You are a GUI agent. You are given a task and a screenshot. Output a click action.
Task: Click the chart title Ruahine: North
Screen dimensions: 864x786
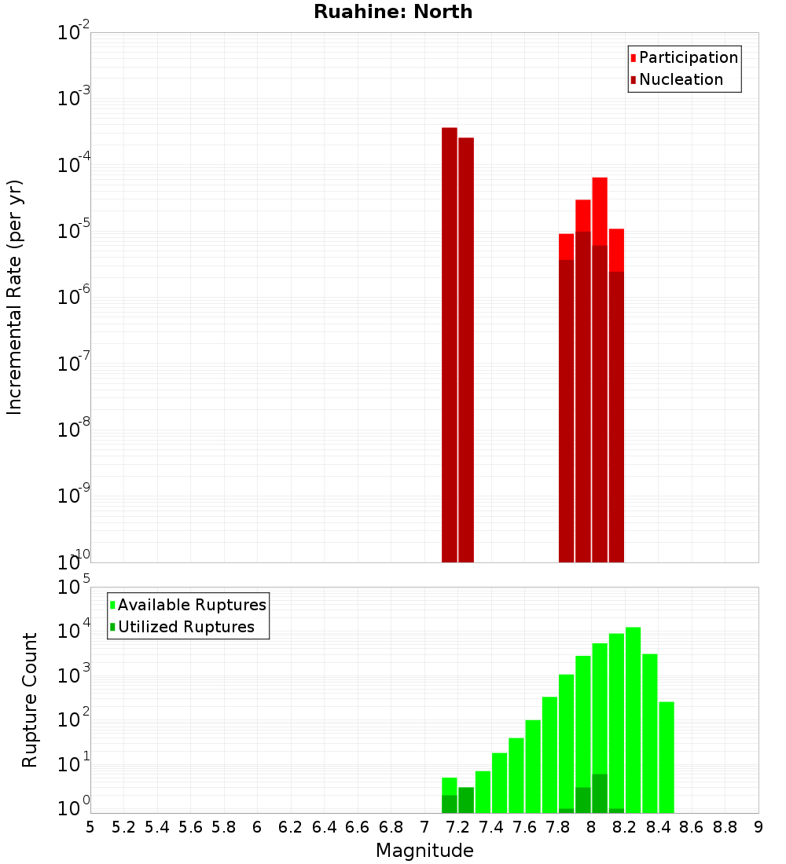393,12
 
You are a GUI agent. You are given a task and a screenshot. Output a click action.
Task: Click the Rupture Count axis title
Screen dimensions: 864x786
30,700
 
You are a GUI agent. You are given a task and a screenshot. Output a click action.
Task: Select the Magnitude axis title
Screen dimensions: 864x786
424,851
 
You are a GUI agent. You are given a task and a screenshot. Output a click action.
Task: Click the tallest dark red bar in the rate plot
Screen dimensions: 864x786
450,346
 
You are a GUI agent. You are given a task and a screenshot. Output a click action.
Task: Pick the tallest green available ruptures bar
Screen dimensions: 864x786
633,719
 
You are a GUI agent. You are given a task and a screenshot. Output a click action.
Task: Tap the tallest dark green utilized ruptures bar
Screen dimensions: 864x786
600,793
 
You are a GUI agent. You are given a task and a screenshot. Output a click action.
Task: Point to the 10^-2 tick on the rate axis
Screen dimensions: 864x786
74,33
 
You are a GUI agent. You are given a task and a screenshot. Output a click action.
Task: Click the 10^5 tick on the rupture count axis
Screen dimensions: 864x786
74,588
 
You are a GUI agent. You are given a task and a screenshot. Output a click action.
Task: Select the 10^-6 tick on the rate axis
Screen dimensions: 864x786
74,298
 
